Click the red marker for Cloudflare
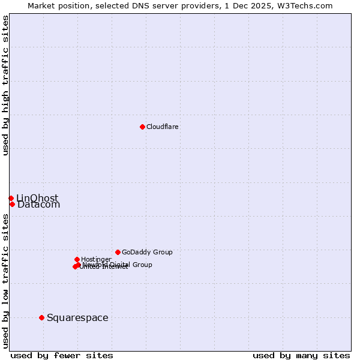coord(142,127)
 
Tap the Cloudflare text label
coord(162,127)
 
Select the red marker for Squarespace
coord(41,317)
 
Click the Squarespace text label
coord(77,317)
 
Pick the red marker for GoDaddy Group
coord(118,252)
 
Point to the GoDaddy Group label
coord(146,252)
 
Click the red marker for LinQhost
coord(11,198)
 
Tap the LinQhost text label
coord(37,198)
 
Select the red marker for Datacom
coord(12,204)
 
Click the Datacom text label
coord(38,205)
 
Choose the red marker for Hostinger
coord(77,259)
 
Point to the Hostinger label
coord(96,259)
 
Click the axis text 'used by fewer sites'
coord(62,355)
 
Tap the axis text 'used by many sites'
coord(301,355)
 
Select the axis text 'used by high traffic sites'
coord(5,85)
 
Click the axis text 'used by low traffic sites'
coord(5,281)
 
